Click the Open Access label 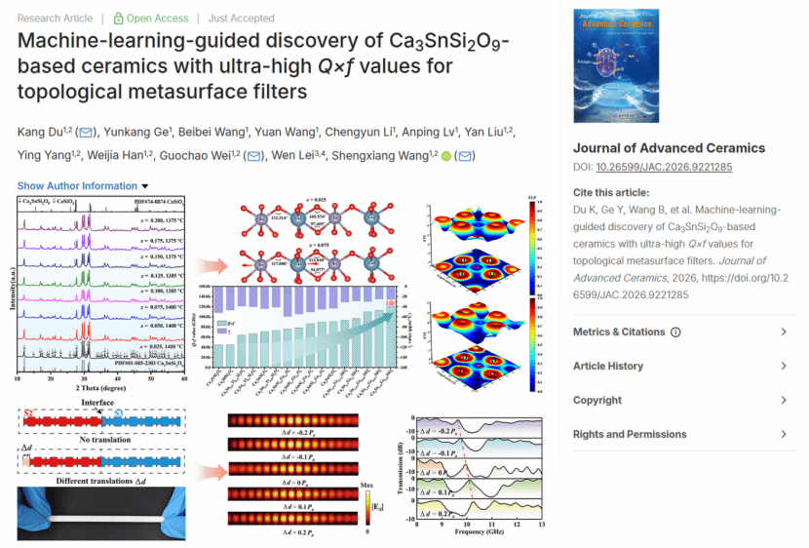(151, 18)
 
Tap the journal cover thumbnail (616, 66)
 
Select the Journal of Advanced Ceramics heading (669, 148)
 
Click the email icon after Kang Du (86, 132)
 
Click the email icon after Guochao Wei (253, 156)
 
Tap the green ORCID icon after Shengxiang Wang (446, 156)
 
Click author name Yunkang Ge (137, 132)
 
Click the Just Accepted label (242, 18)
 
